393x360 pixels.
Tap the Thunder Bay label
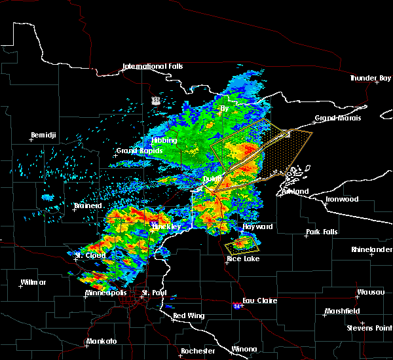[x=370, y=78]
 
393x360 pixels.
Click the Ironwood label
[x=343, y=199]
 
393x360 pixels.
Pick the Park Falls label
[x=320, y=232]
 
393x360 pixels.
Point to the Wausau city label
[x=371, y=292]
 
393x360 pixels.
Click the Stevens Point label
[x=370, y=327]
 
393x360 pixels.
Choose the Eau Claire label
[x=259, y=300]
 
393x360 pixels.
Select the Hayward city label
[x=257, y=226]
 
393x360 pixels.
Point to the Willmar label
[x=33, y=282]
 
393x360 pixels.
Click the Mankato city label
[x=101, y=341]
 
